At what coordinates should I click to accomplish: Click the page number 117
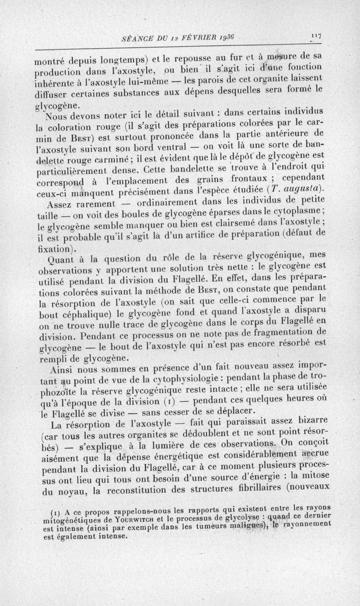click(x=321, y=37)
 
